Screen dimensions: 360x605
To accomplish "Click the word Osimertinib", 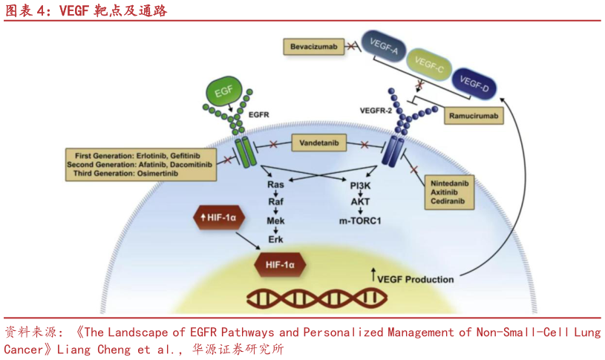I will point(174,173).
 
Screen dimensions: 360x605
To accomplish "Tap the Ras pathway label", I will point(275,183).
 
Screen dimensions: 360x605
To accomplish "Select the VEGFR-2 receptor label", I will point(374,111).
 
